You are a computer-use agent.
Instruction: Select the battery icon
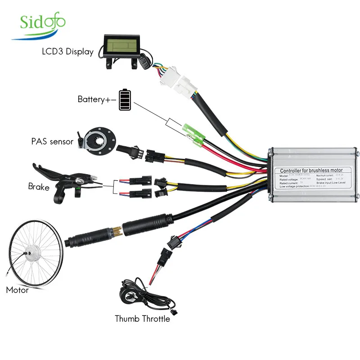click(x=125, y=99)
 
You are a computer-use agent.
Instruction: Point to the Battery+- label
click(x=97, y=99)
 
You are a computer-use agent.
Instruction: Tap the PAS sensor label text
click(x=52, y=141)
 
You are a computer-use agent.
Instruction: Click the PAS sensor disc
click(x=99, y=140)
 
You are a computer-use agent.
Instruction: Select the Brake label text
click(x=39, y=186)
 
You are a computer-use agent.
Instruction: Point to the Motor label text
click(x=17, y=290)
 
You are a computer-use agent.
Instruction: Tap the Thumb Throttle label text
click(x=142, y=319)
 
